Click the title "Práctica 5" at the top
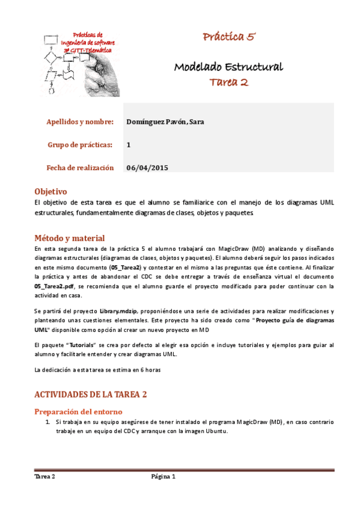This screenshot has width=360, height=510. click(229, 37)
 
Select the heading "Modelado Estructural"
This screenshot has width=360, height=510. click(228, 66)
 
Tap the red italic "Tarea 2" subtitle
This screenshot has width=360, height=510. click(228, 82)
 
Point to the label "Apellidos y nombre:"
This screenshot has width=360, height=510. click(80, 122)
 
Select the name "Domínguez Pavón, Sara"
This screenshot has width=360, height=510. click(165, 122)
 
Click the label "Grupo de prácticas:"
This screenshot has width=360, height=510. click(80, 145)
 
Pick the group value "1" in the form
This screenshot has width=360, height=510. click(129, 145)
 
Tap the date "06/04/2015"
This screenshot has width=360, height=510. click(147, 168)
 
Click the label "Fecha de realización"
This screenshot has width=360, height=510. click(80, 168)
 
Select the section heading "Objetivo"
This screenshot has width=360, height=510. click(50, 191)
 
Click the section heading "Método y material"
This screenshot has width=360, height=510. click(70, 238)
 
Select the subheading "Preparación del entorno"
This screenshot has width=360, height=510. click(78, 412)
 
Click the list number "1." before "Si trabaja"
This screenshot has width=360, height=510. click(48, 423)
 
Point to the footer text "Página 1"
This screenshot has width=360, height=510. click(163, 476)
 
